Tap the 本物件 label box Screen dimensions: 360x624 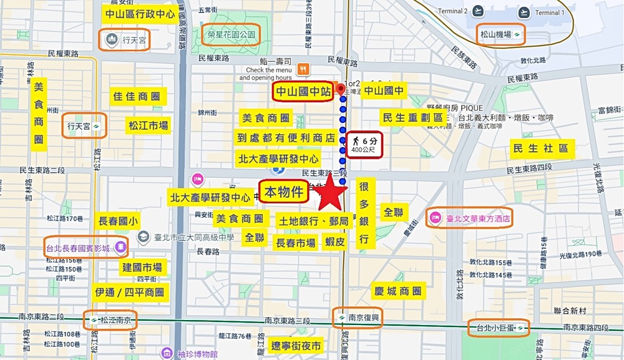point(284,192)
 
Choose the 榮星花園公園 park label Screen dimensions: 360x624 point(230,36)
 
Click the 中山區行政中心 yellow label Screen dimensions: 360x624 point(140,13)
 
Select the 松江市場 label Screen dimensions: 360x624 point(148,125)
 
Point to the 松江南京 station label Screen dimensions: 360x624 point(112,319)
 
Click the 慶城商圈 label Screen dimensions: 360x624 point(397,291)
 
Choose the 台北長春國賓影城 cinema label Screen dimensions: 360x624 point(85,248)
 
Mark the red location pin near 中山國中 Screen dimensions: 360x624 point(341,90)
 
